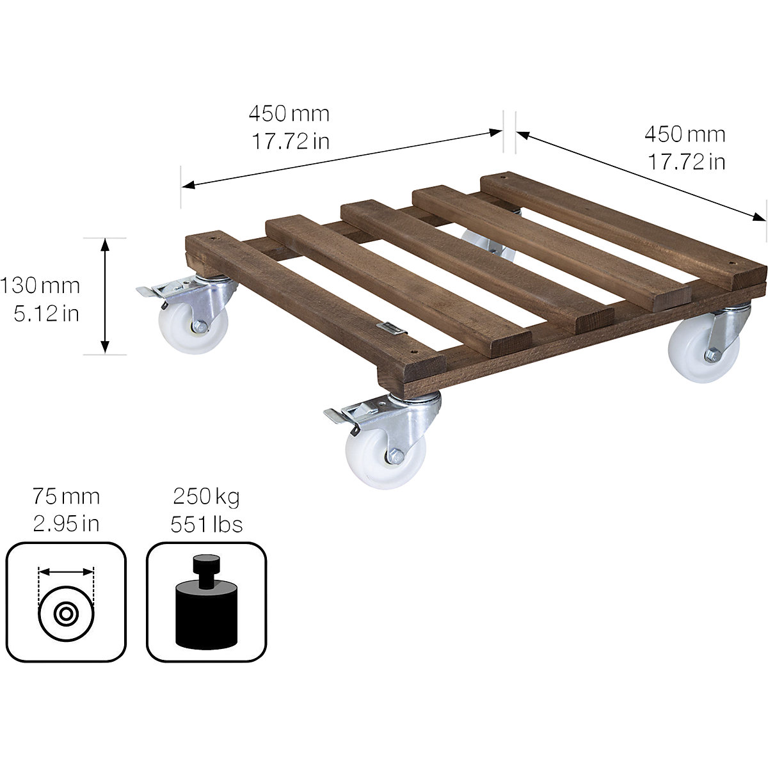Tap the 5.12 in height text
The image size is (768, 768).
coord(46,314)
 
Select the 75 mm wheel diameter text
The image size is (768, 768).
coord(66,497)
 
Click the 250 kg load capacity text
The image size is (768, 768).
coord(206,497)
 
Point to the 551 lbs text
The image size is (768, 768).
coord(206,525)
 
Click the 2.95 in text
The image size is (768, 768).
coord(66,525)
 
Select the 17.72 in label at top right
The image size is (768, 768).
coord(686,162)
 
